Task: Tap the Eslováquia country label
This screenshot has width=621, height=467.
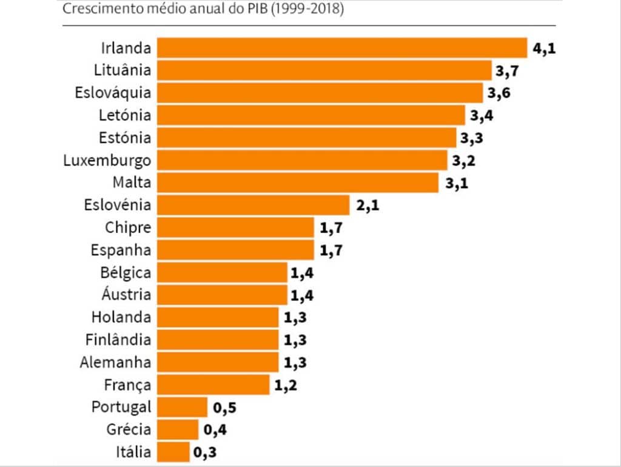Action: click(x=113, y=93)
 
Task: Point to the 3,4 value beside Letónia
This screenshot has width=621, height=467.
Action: click(x=482, y=115)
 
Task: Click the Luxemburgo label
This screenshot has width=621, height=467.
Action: click(x=107, y=161)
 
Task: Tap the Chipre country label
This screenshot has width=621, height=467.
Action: click(x=128, y=228)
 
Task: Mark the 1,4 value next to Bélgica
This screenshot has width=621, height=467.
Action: click(x=302, y=273)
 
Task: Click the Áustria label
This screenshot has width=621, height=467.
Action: click(x=126, y=295)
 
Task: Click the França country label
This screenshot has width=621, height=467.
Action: click(x=127, y=385)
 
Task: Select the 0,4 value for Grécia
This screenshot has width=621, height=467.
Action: click(x=215, y=430)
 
